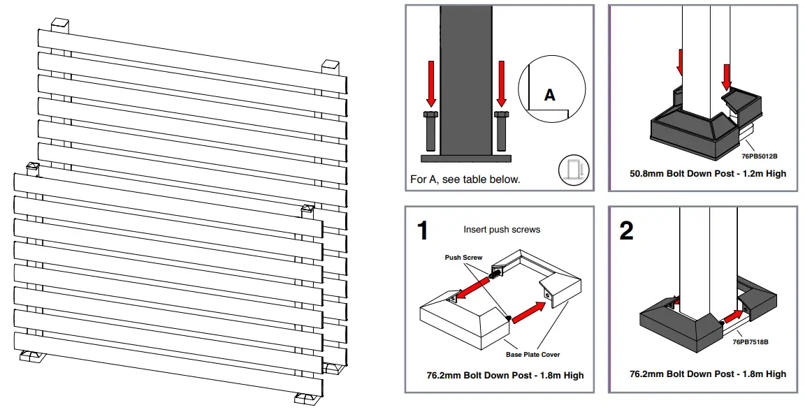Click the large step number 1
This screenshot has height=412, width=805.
pyautogui.click(x=422, y=230)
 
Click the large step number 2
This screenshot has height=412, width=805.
pyautogui.click(x=627, y=230)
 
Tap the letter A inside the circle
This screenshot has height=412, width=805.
pyautogui.click(x=550, y=95)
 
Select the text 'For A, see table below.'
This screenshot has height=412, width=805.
pyautogui.click(x=465, y=179)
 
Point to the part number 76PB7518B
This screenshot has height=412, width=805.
pyautogui.click(x=750, y=342)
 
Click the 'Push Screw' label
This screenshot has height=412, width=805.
pyautogui.click(x=463, y=258)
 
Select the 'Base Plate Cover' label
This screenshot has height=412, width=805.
pyautogui.click(x=532, y=355)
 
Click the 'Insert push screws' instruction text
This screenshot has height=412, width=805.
pyautogui.click(x=501, y=230)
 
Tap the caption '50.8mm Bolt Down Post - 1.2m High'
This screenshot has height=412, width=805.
pyautogui.click(x=707, y=173)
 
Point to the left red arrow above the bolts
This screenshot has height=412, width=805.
pyautogui.click(x=430, y=84)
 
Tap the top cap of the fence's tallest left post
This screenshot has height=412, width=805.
pyautogui.click(x=61, y=24)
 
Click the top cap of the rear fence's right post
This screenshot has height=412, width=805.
pyautogui.click(x=331, y=66)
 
